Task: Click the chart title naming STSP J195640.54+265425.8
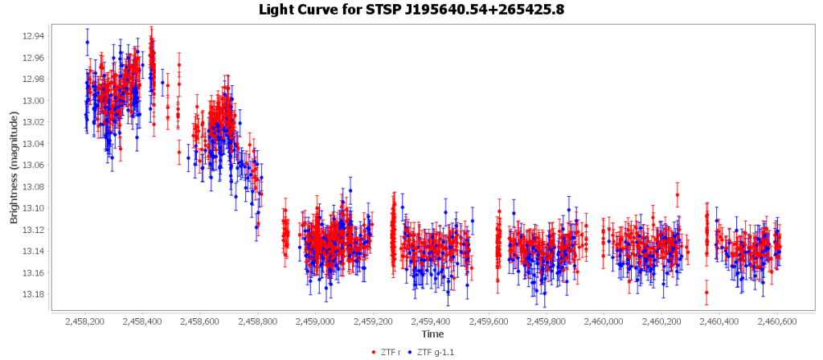(411, 10)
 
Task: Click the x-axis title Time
(432, 333)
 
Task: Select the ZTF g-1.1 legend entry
(438, 352)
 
